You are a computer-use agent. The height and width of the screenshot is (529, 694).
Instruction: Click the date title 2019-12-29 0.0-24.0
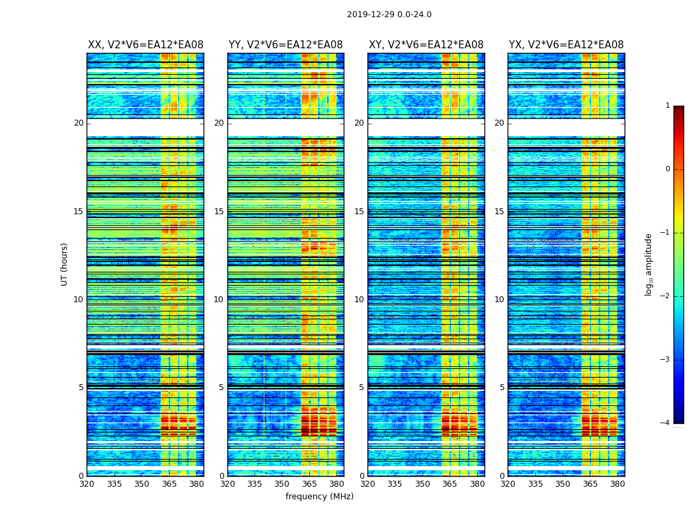[389, 15]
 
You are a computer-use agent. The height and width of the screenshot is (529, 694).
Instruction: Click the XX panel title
[145, 45]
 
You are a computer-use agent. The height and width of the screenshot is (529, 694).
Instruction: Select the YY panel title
[286, 45]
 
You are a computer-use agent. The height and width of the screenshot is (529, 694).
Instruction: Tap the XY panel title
[426, 45]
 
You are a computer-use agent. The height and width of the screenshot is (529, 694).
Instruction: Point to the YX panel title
[566, 45]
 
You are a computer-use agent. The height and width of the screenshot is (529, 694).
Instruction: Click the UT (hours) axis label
[65, 264]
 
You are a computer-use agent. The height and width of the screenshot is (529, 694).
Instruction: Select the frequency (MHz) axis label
[319, 497]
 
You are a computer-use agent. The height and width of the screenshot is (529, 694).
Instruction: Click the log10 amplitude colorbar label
[649, 264]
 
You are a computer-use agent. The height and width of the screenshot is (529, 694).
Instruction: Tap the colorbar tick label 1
[668, 106]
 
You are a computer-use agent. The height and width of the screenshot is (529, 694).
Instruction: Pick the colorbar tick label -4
[666, 423]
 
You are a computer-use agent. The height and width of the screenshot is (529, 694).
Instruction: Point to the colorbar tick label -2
[666, 296]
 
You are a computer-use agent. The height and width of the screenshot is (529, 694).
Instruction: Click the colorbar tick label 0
[668, 169]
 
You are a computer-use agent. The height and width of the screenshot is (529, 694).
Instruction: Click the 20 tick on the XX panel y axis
[79, 123]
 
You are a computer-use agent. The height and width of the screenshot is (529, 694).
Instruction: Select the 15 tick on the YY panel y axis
[219, 212]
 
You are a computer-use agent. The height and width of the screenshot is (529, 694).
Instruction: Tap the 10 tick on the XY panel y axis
[359, 300]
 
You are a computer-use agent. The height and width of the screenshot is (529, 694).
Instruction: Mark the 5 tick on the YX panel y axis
[502, 387]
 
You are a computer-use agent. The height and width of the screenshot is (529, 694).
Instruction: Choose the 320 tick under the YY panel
[227, 484]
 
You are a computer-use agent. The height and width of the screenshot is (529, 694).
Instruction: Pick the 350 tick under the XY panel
[422, 484]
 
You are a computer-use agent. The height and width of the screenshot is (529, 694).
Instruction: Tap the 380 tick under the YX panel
[617, 484]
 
